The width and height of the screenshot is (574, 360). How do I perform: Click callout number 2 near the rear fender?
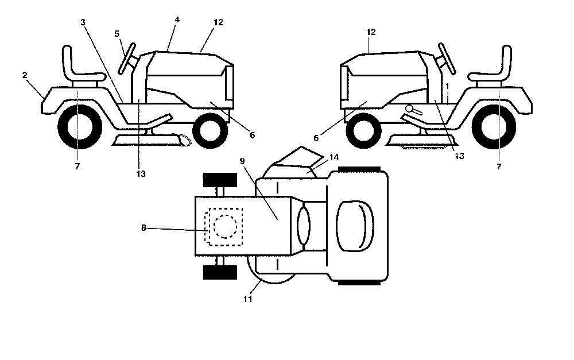point(25,75)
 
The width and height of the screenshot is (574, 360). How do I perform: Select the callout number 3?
point(83,22)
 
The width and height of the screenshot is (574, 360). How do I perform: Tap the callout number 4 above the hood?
point(177,20)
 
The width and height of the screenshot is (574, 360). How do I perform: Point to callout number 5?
point(117,34)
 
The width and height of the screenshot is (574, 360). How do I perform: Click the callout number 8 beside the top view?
point(143,228)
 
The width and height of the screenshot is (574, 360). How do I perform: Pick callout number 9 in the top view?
point(242,161)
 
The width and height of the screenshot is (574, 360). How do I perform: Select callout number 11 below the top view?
point(248,299)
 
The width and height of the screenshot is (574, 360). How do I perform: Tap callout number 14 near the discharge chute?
point(334,157)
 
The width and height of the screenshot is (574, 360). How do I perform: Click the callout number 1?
point(447,86)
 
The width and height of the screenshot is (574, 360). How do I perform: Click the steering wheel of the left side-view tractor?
point(127,59)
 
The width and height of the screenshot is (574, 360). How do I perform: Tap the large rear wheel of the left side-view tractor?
point(80,127)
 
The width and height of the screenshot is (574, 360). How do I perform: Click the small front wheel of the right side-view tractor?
point(364,130)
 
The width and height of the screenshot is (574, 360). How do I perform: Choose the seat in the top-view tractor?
point(354,226)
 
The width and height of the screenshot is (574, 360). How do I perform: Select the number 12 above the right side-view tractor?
point(371,32)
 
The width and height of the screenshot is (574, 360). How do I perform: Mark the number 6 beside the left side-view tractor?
point(252,135)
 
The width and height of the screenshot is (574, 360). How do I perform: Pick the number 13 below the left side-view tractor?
point(141,174)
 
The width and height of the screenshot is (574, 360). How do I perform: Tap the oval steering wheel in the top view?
point(304,226)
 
